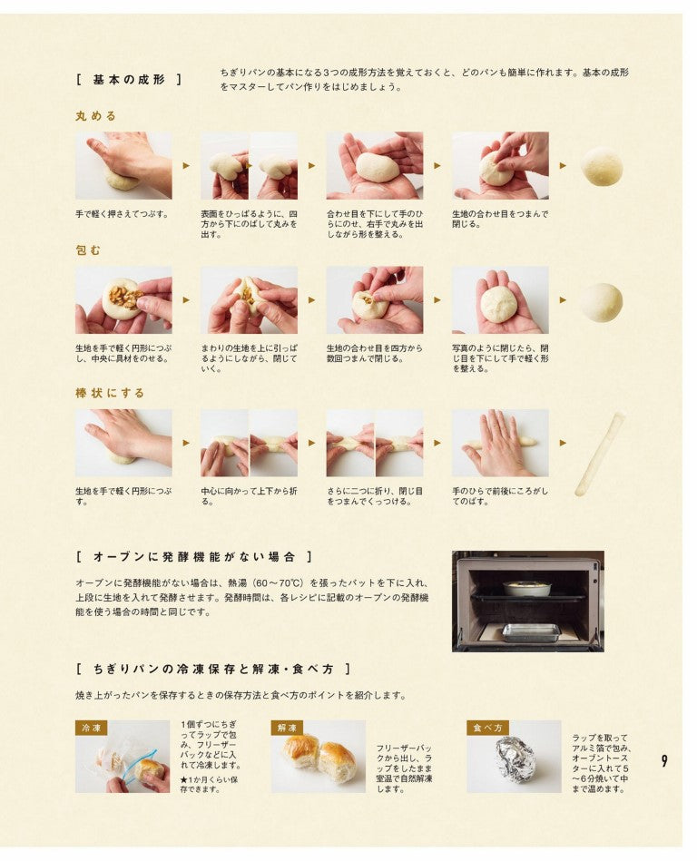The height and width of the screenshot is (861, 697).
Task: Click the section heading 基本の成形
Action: [129, 80]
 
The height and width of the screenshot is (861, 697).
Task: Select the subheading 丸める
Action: [96, 116]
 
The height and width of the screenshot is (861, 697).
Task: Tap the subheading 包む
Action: [88, 250]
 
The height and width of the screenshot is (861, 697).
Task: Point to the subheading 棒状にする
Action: [110, 393]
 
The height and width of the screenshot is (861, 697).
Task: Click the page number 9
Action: [664, 761]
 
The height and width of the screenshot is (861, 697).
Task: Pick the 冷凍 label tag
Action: [92, 729]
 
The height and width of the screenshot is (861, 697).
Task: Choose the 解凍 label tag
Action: [288, 729]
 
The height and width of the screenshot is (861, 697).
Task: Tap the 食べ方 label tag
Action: [487, 729]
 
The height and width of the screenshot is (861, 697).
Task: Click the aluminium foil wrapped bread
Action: [514, 760]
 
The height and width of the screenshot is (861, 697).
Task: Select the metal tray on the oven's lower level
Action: [532, 632]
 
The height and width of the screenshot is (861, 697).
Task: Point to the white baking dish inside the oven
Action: [526, 588]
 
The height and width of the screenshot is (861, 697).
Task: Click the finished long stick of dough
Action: [600, 455]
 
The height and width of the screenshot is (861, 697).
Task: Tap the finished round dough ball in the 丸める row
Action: [602, 165]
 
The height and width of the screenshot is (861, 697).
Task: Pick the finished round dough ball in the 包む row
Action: [602, 301]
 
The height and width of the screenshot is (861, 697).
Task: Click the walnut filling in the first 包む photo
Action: [124, 296]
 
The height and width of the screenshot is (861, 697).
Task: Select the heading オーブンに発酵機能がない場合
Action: [195, 557]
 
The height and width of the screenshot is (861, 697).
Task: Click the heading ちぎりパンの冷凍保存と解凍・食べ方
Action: [213, 670]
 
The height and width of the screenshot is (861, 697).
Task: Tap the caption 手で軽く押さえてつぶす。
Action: [122, 214]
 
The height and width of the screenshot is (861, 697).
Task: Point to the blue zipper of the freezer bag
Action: [135, 764]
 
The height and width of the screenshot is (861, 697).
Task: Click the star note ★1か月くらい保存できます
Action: [210, 785]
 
